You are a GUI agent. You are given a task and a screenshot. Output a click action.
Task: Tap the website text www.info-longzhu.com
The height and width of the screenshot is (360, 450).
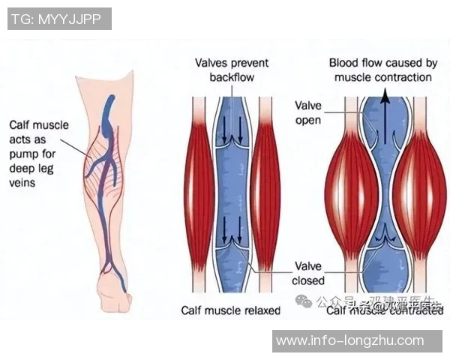[x=349, y=341]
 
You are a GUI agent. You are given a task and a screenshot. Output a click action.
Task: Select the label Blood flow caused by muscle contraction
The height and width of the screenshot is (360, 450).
[x=383, y=70]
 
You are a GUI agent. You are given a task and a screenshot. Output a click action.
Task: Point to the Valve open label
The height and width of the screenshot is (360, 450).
[x=308, y=113]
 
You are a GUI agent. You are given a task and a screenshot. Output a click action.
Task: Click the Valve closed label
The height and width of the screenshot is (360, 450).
[x=309, y=273]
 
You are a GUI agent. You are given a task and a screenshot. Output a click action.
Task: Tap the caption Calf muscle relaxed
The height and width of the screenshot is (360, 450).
[x=231, y=310]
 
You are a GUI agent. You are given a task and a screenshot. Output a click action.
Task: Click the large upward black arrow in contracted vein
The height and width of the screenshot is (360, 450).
[x=385, y=112]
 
